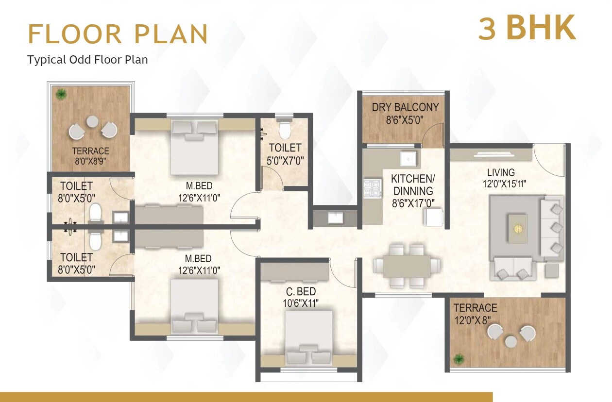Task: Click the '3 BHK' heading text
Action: coord(527,28)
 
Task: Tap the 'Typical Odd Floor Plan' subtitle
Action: coord(87,60)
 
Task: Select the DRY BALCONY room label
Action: coord(405,107)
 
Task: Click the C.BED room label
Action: coord(301,291)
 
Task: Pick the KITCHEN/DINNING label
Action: coord(413,184)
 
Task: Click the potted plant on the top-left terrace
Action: coord(61,94)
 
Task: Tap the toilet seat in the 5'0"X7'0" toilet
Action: coord(284,129)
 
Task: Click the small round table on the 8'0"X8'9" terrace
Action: coord(92,122)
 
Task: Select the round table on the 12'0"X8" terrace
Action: coord(510,342)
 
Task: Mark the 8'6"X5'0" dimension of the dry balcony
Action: coord(405,119)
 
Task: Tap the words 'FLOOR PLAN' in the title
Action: coord(118,33)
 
